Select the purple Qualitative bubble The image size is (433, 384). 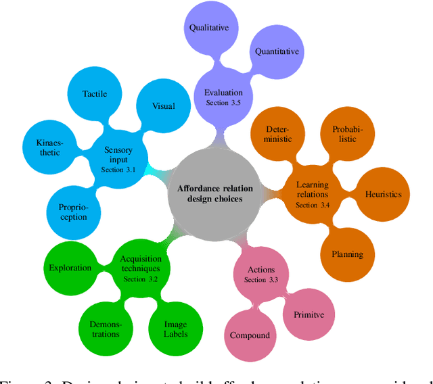[209, 28]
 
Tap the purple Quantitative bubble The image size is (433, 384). [277, 51]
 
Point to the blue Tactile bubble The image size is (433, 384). [95, 94]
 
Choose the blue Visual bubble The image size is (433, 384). [163, 105]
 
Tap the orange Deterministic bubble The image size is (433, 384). [279, 134]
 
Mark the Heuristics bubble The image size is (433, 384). [383, 194]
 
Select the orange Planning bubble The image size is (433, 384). [347, 254]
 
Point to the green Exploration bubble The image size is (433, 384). [70, 268]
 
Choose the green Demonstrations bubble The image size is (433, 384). [105, 329]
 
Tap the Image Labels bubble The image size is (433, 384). [175, 329]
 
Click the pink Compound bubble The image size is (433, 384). [250, 335]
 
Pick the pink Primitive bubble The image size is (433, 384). [309, 314]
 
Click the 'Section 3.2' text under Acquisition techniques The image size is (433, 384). [140, 279]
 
